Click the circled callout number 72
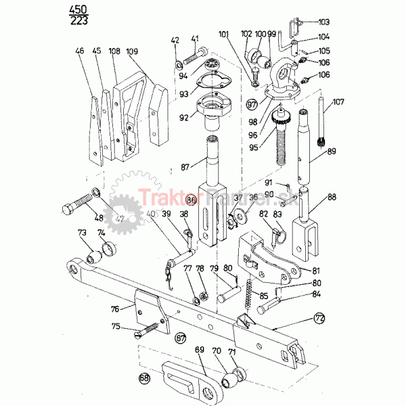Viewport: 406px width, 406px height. point(319,317)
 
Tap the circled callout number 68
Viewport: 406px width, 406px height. point(143,378)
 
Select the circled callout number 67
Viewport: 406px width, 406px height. point(180,336)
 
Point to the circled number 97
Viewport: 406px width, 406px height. point(252,105)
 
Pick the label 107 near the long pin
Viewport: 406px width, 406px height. point(338,102)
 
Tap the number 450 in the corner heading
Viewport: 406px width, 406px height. point(78,9)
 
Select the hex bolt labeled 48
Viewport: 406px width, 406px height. point(80,204)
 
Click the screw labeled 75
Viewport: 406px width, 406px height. point(150,329)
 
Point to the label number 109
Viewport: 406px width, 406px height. point(131,51)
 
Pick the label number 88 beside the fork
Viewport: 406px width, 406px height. point(332,197)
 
